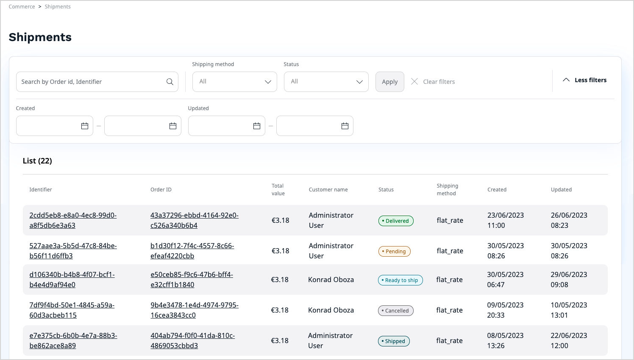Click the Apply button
[x=389, y=82]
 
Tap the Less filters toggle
[x=584, y=80]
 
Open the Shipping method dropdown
[x=234, y=82]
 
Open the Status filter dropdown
[x=326, y=82]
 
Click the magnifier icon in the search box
[x=170, y=82]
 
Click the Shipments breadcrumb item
[x=58, y=7]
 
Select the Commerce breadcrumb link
[x=22, y=7]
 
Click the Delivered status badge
[x=396, y=221]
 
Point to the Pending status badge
[x=394, y=251]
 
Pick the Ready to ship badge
[x=400, y=280]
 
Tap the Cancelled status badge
[x=395, y=310]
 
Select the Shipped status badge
[x=394, y=341]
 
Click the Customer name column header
[x=328, y=190]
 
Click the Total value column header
[x=278, y=190]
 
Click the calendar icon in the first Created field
[x=85, y=126]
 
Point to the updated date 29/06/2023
[x=569, y=274]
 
